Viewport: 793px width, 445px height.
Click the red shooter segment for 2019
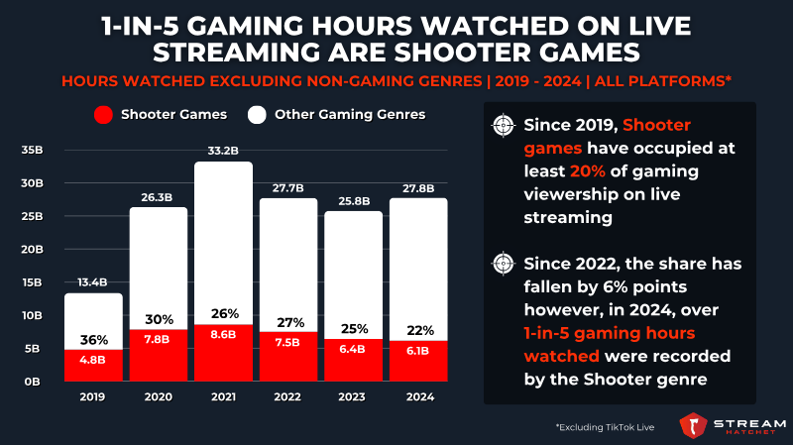pos(93,365)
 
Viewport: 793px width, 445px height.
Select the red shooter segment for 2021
pos(223,352)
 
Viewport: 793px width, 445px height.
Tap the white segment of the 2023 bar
pos(353,268)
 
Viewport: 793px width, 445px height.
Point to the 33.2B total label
pos(223,152)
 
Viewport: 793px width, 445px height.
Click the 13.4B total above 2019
pos(93,283)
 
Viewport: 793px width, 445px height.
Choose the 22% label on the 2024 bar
pos(418,330)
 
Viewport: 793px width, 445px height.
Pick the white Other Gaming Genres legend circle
pos(256,115)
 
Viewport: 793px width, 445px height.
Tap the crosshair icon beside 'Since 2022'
pos(506,265)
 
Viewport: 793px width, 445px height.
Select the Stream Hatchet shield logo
pos(693,424)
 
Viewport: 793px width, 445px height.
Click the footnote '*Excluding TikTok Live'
pos(606,425)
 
